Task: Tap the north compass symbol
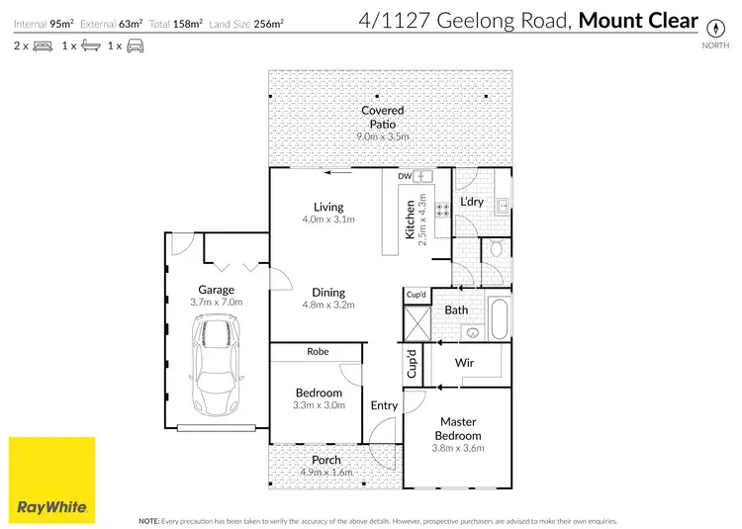click(x=709, y=28)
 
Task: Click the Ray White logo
click(x=52, y=480)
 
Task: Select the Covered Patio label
click(x=383, y=118)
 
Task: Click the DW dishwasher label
click(x=404, y=176)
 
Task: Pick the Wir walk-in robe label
click(x=465, y=363)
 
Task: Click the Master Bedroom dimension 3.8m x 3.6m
click(x=459, y=449)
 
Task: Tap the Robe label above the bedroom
click(x=318, y=351)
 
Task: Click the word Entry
click(x=384, y=405)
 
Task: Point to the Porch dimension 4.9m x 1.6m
click(x=326, y=473)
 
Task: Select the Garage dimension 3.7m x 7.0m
click(x=216, y=303)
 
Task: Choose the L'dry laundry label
click(x=472, y=202)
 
